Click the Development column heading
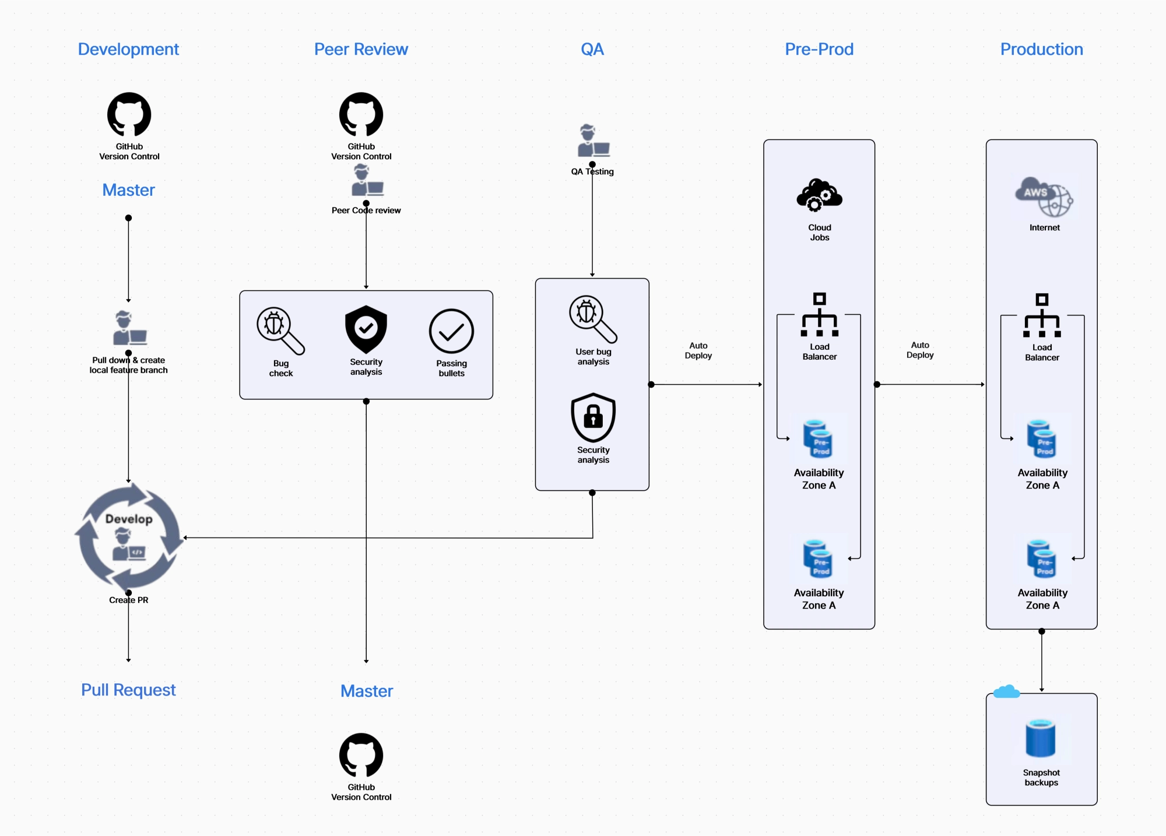coord(128,50)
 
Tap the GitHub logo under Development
coord(129,114)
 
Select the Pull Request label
coord(128,690)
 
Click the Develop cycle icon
coord(129,537)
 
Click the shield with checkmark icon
coord(366,329)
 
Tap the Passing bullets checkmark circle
coord(451,331)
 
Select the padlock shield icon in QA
coord(593,417)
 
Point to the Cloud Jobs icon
coord(819,195)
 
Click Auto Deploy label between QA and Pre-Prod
coord(698,350)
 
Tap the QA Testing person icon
coord(593,140)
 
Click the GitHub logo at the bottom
coord(361,755)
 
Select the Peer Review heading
coord(361,50)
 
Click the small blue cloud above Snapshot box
coord(1006,692)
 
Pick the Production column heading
coord(1041,50)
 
